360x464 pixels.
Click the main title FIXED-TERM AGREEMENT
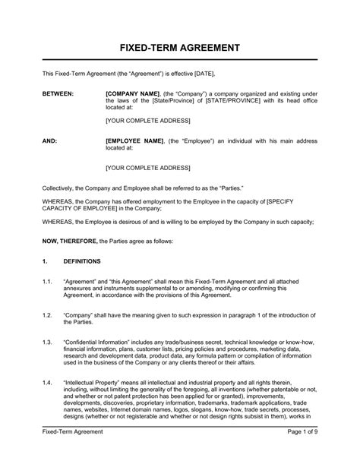(x=180, y=47)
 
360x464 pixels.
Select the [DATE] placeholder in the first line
(x=204, y=73)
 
